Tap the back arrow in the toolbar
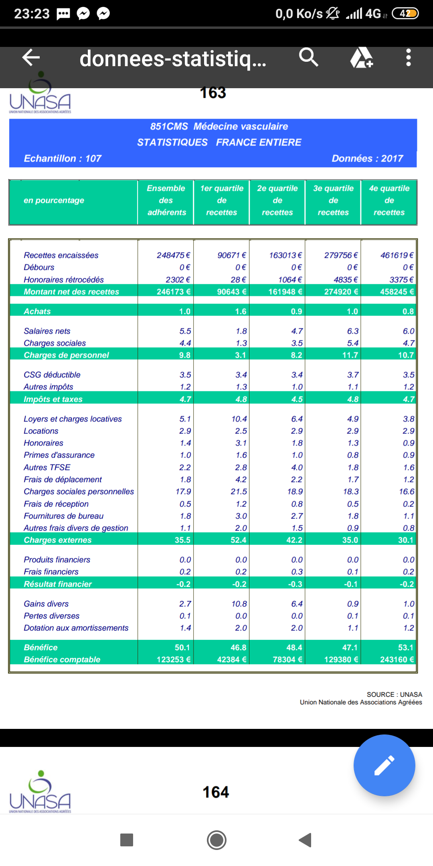[31, 57]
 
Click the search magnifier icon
[308, 57]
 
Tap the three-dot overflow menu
[408, 57]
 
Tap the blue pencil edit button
[384, 765]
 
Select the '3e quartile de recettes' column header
[333, 200]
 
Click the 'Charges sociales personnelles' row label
[79, 492]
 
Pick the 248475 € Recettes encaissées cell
[173, 255]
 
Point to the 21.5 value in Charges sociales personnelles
[239, 492]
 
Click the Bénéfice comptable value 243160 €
[397, 660]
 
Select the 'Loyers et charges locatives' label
[73, 419]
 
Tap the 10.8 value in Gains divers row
[239, 604]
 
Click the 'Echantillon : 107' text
[63, 158]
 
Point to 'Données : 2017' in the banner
[367, 158]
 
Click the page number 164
[216, 792]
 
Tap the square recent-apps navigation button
[127, 840]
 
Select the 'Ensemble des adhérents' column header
[166, 200]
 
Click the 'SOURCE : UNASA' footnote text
[394, 694]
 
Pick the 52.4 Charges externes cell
[238, 540]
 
